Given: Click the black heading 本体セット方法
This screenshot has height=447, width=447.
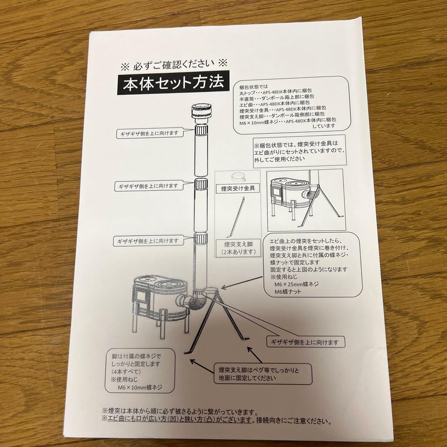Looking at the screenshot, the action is tap(173, 83).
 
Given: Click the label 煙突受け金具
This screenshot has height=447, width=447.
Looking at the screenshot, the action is tap(238, 188).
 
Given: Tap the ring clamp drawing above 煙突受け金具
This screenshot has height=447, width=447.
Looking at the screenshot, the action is tap(238, 177).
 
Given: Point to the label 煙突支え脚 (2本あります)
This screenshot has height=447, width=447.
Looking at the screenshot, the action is tap(238, 248).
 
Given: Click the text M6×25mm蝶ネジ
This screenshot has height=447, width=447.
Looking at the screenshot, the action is tap(296, 284).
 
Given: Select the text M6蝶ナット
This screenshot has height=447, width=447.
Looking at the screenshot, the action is tap(288, 292).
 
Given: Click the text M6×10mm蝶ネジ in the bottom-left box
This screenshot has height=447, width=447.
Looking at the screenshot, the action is tap(140, 387).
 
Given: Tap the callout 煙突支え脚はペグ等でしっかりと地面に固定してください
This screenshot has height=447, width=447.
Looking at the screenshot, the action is tap(263, 374).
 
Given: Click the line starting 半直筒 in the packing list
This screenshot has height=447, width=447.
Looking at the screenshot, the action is tap(277, 98).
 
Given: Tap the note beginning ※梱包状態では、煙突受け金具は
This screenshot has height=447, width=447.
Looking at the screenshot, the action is tap(299, 151).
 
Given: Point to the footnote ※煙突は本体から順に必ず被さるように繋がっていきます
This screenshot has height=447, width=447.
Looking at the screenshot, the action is tap(180, 412).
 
